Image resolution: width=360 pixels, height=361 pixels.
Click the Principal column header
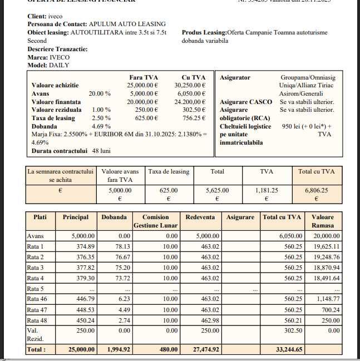point(76,217)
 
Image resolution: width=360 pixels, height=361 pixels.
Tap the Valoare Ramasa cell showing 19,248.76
point(327,257)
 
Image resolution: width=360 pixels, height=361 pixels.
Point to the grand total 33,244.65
point(288,349)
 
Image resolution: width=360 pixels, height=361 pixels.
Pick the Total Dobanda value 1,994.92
point(115,349)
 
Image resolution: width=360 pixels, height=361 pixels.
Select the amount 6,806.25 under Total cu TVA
point(316,190)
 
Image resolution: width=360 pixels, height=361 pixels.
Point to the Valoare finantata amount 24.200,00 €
point(190,102)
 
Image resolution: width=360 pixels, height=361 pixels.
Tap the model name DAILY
point(60,65)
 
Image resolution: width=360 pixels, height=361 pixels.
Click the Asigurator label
point(235,77)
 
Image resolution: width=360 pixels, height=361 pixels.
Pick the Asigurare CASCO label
point(245,102)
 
